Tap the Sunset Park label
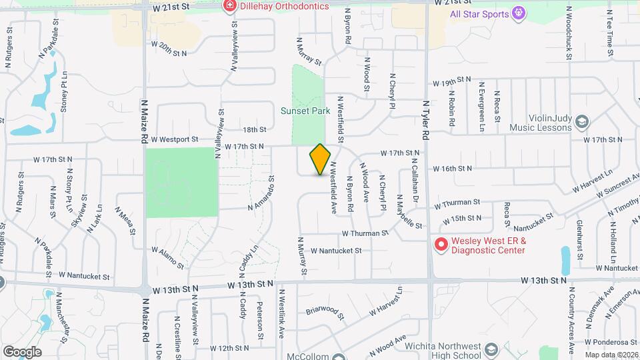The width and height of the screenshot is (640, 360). point(305,111)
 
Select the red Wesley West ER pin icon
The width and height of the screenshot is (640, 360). point(440,245)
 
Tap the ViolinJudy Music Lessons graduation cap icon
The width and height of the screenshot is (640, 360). point(582,121)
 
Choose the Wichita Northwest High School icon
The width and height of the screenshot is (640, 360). point(491,351)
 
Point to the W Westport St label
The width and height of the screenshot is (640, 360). point(175,139)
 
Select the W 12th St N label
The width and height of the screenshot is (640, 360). point(229,348)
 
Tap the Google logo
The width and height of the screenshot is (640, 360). point(21,352)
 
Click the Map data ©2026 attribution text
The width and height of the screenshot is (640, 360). point(611,355)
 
